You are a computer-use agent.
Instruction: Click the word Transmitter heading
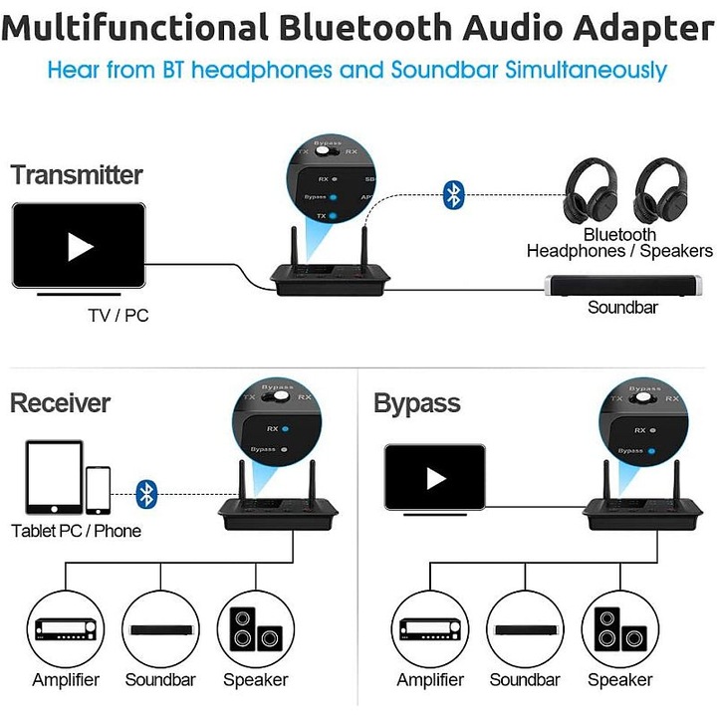pyautogui.click(x=77, y=175)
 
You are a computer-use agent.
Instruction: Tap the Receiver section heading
pyautogui.click(x=60, y=403)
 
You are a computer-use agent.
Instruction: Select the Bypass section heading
pyautogui.click(x=416, y=403)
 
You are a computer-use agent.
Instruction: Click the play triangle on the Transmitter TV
pyautogui.click(x=80, y=246)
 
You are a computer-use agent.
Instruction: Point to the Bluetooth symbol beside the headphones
pyautogui.click(x=454, y=194)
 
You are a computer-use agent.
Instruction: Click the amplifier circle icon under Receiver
pyautogui.click(x=65, y=629)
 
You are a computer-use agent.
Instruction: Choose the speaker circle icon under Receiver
pyautogui.click(x=256, y=629)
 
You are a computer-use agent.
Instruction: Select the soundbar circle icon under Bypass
pyautogui.click(x=525, y=629)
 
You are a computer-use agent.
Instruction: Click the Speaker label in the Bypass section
pyautogui.click(x=619, y=681)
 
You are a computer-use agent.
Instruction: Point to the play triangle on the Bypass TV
pyautogui.click(x=435, y=478)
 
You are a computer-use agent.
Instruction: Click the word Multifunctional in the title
pyautogui.click(x=136, y=28)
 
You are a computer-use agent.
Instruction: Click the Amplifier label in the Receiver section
pyautogui.click(x=65, y=681)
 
